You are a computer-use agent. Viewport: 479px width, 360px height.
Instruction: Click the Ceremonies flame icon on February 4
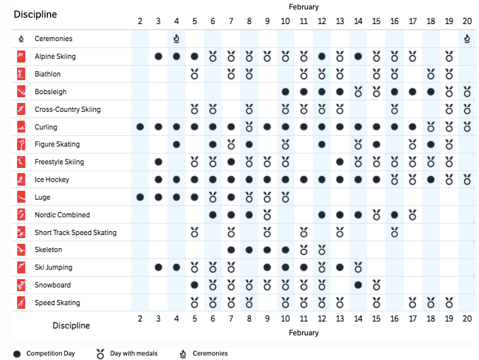[176, 39]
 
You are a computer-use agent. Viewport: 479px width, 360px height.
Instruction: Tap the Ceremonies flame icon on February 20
[467, 39]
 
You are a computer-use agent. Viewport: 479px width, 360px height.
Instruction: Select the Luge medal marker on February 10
[286, 198]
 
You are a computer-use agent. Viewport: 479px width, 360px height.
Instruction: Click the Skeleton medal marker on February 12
[322, 250]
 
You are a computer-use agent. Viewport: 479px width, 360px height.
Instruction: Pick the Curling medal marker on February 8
[249, 127]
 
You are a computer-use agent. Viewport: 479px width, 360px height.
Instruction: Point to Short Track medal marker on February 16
[394, 232]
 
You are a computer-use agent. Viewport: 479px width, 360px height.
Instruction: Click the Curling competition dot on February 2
[140, 127]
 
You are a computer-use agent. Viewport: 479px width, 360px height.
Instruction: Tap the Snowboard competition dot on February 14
[358, 285]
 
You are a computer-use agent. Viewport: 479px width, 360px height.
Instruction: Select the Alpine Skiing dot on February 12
[322, 56]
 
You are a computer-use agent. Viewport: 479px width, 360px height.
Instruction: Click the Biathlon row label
[47, 74]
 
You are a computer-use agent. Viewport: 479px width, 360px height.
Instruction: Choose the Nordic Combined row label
[63, 215]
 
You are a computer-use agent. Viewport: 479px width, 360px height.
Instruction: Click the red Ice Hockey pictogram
[21, 179]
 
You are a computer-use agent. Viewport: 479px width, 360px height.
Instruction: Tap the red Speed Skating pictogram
[21, 303]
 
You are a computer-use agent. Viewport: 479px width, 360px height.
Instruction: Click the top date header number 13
[340, 21]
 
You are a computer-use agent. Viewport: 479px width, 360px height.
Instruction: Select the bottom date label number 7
[231, 318]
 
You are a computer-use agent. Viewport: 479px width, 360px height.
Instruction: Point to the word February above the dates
[304, 7]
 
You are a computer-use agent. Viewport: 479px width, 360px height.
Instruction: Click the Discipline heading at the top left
[35, 15]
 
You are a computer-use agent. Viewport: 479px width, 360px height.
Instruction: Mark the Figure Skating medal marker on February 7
[231, 145]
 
